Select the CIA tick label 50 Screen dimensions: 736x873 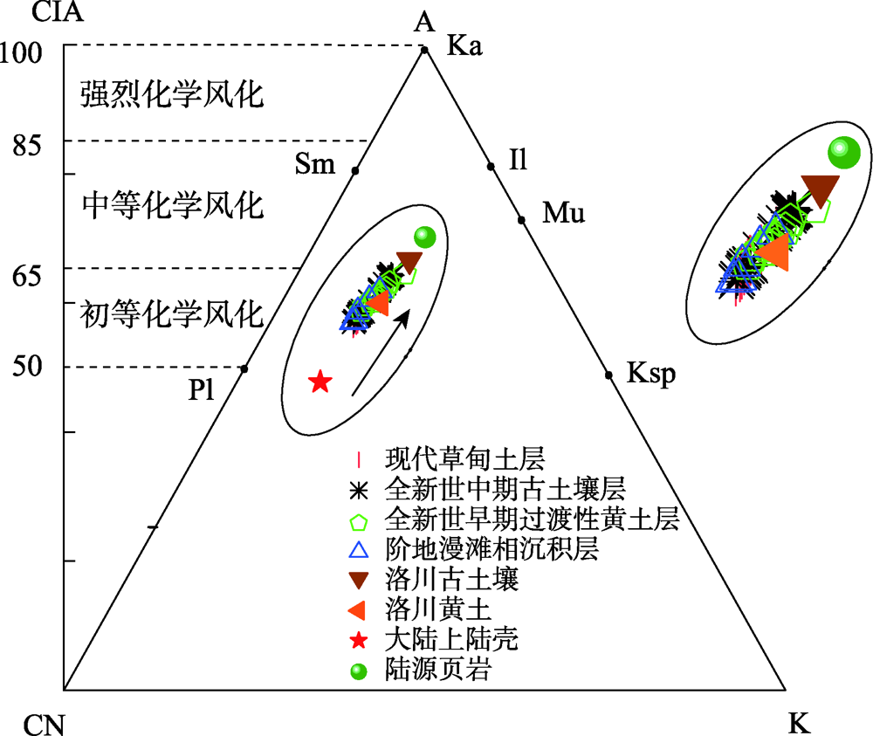[28, 366]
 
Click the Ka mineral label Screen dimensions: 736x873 [464, 45]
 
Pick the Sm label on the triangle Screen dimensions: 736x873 [315, 163]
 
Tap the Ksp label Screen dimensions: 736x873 [650, 375]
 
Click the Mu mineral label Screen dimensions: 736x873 [563, 213]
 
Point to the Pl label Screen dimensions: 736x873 [202, 390]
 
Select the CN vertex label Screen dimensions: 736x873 [43, 724]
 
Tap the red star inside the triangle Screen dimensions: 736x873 [320, 382]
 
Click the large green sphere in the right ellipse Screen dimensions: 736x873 [844, 153]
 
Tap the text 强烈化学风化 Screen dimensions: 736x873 [172, 94]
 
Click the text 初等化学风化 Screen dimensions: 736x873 [172, 313]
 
